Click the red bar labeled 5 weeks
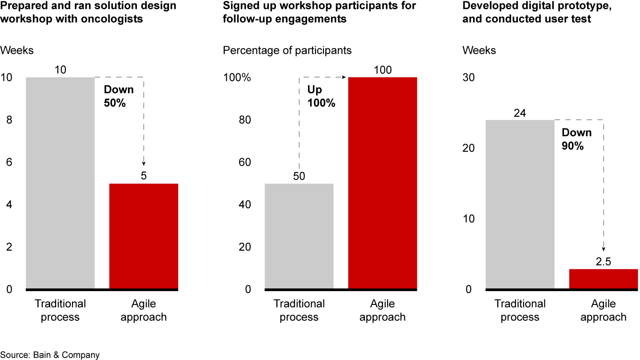(x=144, y=236)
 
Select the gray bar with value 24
(x=520, y=204)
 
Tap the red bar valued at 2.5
(x=603, y=279)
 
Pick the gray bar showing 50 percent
(x=299, y=236)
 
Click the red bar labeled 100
(x=382, y=183)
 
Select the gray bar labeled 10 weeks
(x=60, y=183)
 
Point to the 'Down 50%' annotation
(x=119, y=96)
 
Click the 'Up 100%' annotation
(x=321, y=96)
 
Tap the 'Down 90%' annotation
(x=576, y=139)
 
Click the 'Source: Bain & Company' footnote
(x=50, y=355)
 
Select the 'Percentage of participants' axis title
(x=287, y=50)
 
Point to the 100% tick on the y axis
(x=237, y=78)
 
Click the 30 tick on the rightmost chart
(x=469, y=78)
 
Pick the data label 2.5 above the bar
(x=603, y=262)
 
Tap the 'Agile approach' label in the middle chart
(x=382, y=310)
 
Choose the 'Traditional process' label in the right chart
(x=520, y=310)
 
